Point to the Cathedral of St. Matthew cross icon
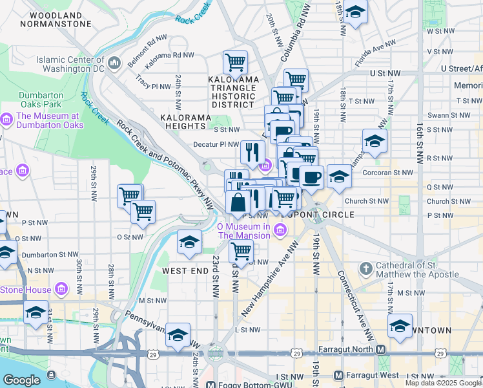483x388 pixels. click(x=365, y=268)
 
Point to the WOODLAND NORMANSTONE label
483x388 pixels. click(x=56, y=19)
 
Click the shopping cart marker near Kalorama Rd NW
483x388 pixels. click(x=235, y=63)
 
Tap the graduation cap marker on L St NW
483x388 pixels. click(x=178, y=335)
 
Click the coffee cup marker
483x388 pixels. click(x=311, y=177)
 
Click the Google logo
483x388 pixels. click(x=22, y=380)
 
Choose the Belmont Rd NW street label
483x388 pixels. click(x=147, y=48)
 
